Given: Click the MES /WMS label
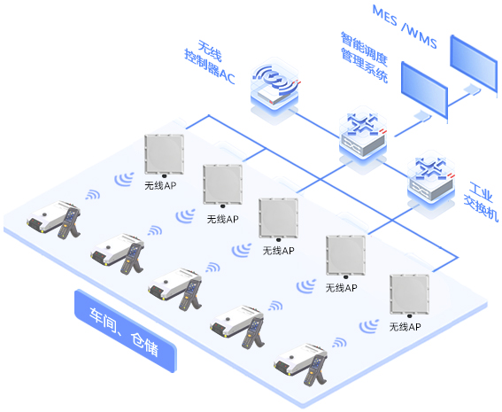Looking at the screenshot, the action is pyautogui.click(x=405, y=27).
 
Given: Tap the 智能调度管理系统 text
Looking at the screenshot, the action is pyautogui.click(x=365, y=57).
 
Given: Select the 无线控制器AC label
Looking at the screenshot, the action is pyautogui.click(x=210, y=62).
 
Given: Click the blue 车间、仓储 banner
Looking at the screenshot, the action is pyautogui.click(x=126, y=331).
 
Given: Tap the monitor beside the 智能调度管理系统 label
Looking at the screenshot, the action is pyautogui.click(x=424, y=89).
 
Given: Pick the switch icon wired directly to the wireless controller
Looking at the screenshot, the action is pyautogui.click(x=363, y=136).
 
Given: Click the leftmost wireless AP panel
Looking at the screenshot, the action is pyautogui.click(x=165, y=154).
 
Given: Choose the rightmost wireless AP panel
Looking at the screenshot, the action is pyautogui.click(x=409, y=295).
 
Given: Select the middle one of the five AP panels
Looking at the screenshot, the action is pyautogui.click(x=279, y=219).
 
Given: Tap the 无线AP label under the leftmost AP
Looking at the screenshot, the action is pyautogui.click(x=160, y=185).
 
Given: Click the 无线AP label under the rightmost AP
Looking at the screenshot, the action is pyautogui.click(x=405, y=327).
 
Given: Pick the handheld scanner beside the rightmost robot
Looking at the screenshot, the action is pyautogui.click(x=315, y=370).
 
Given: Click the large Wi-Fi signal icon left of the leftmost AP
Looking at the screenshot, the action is pyautogui.click(x=124, y=179).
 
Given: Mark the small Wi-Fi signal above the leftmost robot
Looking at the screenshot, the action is pyautogui.click(x=93, y=195).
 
